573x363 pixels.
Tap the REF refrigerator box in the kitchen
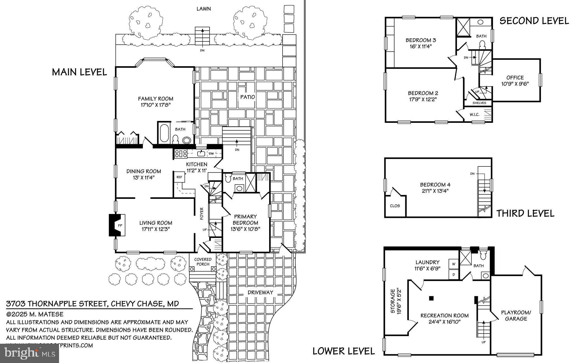click(x=179, y=177)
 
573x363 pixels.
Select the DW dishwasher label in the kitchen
click(x=211, y=154)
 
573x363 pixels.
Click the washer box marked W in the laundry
click(x=454, y=264)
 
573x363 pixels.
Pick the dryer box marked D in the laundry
click(x=454, y=275)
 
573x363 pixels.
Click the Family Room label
click(x=156, y=99)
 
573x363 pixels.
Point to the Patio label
click(x=248, y=97)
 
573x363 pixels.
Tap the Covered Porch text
click(x=203, y=261)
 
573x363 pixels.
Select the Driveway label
click(x=260, y=293)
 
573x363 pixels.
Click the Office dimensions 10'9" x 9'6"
click(x=515, y=84)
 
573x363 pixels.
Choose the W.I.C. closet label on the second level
click(x=475, y=115)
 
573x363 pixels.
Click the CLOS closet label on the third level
click(x=395, y=206)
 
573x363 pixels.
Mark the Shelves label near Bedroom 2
click(x=479, y=103)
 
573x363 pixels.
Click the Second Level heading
click(x=534, y=21)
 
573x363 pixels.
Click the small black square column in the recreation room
click(x=431, y=298)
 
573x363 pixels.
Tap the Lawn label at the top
click(x=203, y=9)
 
